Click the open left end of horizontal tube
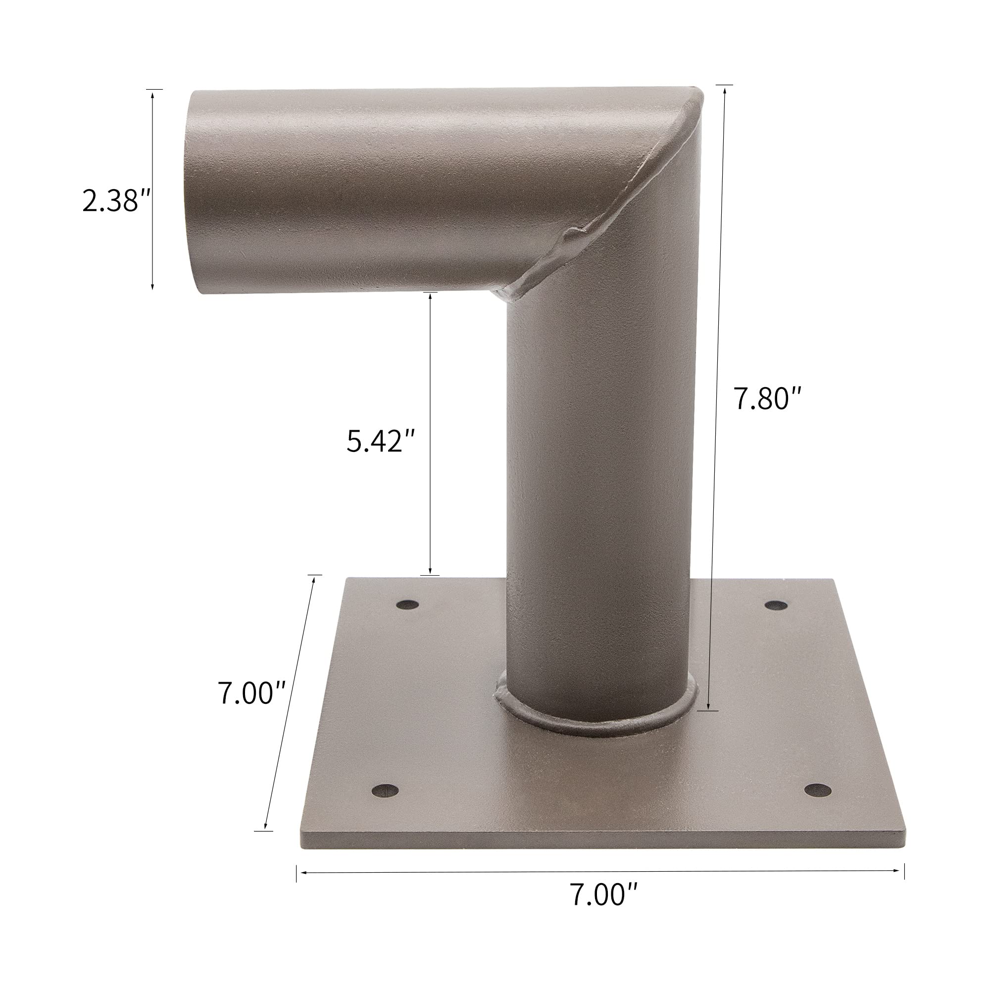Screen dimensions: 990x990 tap(198, 192)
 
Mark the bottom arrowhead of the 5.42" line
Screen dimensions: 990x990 tap(430, 570)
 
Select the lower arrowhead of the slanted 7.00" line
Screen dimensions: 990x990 tap(265, 826)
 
